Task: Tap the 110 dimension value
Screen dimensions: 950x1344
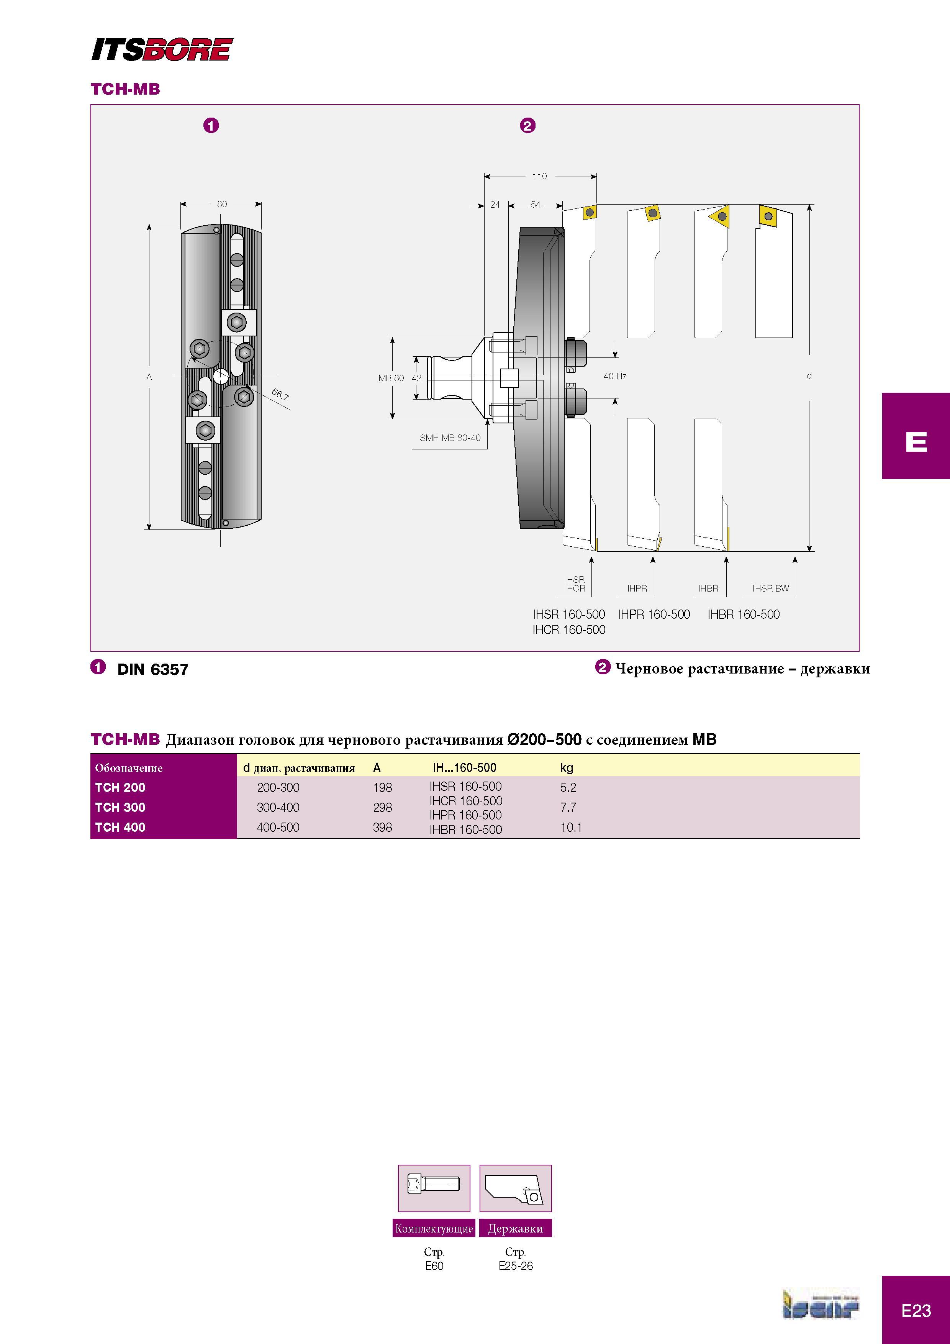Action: coord(539,176)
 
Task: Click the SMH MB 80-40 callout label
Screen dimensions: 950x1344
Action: coord(450,438)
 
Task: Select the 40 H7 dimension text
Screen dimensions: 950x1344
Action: coord(614,376)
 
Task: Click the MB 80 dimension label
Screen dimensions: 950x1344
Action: coord(391,378)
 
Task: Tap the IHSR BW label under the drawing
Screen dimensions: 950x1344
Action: coord(770,588)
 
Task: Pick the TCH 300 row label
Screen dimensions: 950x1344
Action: coord(120,807)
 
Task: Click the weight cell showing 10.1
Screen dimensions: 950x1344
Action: coord(571,827)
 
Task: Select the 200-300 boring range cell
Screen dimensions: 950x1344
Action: coord(278,787)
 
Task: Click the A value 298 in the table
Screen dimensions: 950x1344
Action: coord(382,807)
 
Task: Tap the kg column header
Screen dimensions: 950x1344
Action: coord(566,767)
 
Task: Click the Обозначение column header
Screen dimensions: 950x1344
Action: coord(129,768)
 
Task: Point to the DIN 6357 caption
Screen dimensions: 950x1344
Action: coord(153,669)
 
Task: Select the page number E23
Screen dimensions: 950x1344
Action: coord(916,1311)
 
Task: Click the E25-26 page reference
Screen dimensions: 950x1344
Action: coord(516,1265)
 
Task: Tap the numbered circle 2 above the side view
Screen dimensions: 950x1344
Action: coord(527,125)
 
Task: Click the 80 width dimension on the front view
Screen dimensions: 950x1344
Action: coord(222,204)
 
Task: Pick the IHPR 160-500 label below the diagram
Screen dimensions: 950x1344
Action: coord(654,614)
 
